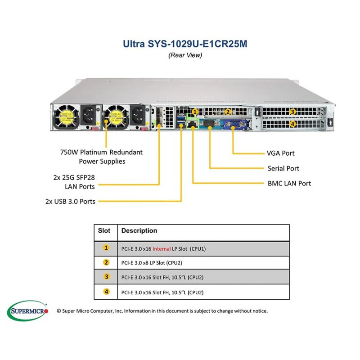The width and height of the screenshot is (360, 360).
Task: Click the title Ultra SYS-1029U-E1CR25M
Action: (x=185, y=44)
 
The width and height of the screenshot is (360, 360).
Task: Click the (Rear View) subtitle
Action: (x=185, y=55)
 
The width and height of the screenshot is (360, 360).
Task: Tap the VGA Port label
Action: (x=280, y=153)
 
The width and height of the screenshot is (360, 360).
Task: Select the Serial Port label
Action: (x=283, y=168)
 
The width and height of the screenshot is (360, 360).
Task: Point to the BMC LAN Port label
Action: (x=289, y=183)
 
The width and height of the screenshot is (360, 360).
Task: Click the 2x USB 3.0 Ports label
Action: (x=70, y=201)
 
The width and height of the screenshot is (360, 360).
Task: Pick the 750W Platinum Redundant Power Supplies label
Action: (x=102, y=157)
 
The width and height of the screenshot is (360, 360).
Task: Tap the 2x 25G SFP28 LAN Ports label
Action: (x=74, y=182)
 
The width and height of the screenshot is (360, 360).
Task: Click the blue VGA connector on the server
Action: (x=234, y=125)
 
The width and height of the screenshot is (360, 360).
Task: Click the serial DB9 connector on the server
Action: (x=209, y=124)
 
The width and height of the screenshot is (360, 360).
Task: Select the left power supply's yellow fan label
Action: (x=66, y=117)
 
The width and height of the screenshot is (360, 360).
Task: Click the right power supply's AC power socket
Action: (x=137, y=115)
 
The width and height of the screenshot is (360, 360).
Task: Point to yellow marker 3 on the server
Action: (x=292, y=112)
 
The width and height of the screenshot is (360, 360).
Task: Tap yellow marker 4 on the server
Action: (x=293, y=124)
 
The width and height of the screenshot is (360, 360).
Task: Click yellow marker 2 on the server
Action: (x=228, y=112)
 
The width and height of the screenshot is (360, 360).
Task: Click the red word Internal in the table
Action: (x=162, y=249)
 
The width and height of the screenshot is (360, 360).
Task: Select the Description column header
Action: (x=139, y=230)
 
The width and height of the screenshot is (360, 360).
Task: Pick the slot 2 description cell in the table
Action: (x=203, y=263)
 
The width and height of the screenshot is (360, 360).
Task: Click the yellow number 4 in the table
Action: (x=106, y=292)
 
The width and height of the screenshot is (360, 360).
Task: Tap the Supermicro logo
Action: (x=28, y=310)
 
